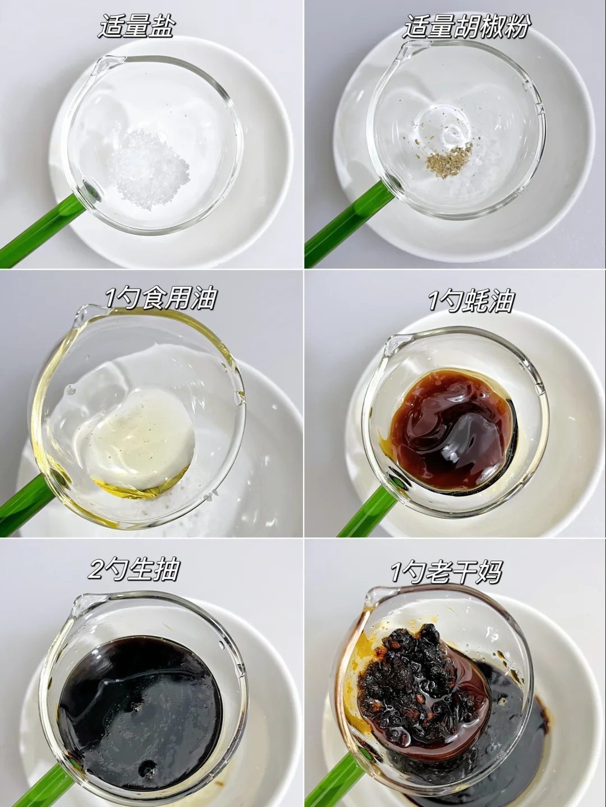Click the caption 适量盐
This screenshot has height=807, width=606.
(136, 26)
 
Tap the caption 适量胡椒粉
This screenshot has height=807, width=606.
(466, 26)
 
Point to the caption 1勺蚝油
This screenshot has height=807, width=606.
(471, 300)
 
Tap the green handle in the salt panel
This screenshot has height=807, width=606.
(40, 231)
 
